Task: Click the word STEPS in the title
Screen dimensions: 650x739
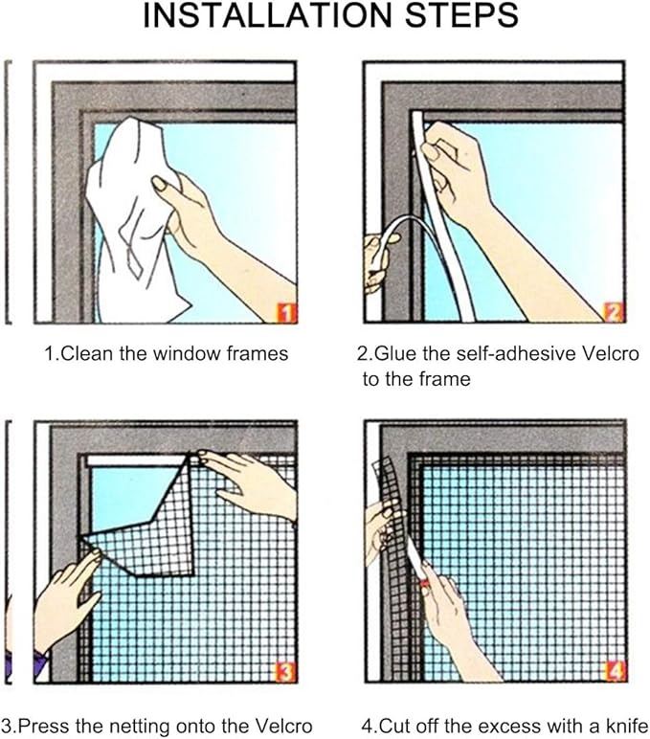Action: point(462,14)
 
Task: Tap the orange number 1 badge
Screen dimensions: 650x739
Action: point(286,312)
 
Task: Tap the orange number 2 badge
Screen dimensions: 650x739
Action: point(614,312)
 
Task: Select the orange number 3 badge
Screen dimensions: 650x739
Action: point(286,672)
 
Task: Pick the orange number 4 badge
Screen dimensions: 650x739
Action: point(616,672)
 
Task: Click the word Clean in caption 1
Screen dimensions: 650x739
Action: point(88,353)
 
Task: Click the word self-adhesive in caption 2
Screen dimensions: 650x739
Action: point(516,353)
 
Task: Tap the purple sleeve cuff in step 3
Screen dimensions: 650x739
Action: point(41,663)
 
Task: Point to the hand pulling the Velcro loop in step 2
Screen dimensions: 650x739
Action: point(377,261)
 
